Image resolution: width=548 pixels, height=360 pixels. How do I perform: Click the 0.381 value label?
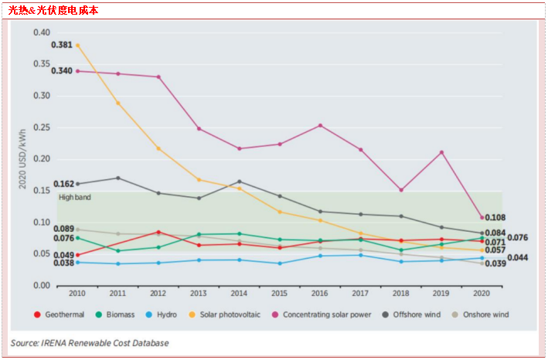62,45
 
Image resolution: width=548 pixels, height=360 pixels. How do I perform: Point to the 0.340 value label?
62,71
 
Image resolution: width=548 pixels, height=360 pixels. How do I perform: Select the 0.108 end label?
495,218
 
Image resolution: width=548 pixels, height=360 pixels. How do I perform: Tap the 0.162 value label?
63,185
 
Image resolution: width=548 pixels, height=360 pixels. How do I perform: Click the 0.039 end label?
495,264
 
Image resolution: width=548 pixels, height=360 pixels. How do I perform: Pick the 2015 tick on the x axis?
280,294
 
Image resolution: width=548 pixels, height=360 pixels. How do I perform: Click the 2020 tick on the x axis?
482,294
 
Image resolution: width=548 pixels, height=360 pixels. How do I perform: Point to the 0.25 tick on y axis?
41,127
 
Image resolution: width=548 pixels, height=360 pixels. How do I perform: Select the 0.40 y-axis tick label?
41,32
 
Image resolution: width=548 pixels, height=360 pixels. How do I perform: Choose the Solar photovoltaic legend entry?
230,314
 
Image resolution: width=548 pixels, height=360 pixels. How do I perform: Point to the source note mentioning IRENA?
90,342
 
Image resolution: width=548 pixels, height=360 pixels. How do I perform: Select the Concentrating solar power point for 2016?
320,125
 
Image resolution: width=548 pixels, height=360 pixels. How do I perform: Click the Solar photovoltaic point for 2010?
77,45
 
